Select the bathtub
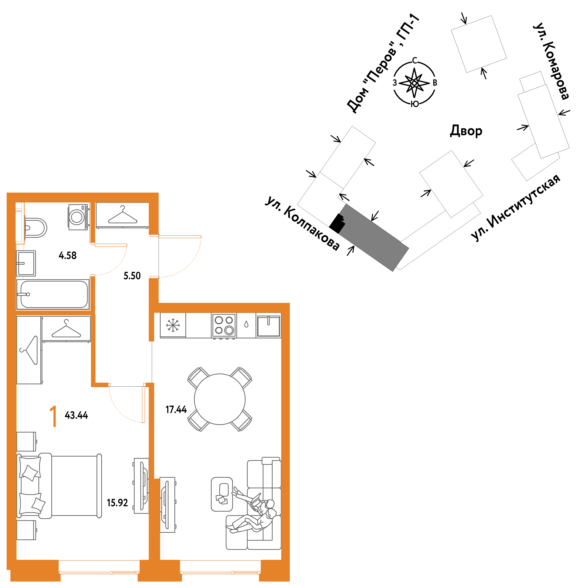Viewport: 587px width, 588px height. pyautogui.click(x=53, y=294)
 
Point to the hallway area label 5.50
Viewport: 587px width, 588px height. pyautogui.click(x=132, y=276)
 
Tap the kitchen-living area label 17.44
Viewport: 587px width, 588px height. pyautogui.click(x=176, y=410)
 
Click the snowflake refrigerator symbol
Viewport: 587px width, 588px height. pyautogui.click(x=173, y=325)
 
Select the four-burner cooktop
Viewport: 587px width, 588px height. pyautogui.click(x=224, y=325)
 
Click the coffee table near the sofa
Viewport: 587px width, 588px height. pyautogui.click(x=222, y=494)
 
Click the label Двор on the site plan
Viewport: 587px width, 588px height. pyautogui.click(x=466, y=131)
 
